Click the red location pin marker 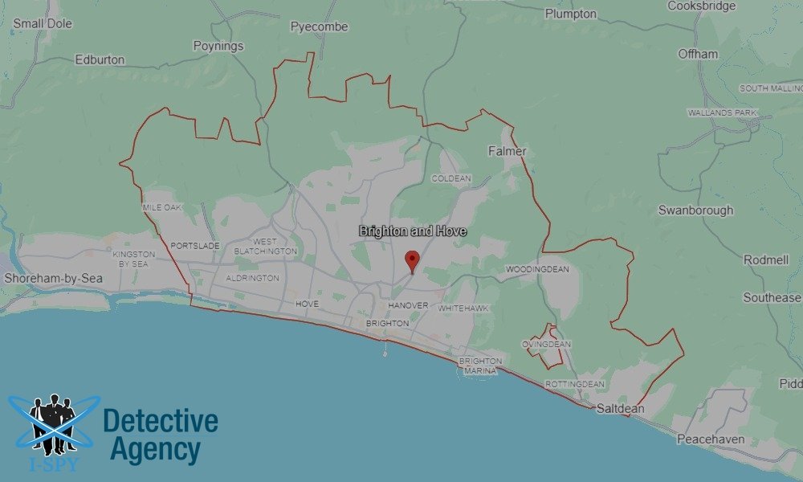tap(412, 261)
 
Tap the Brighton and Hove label tap(413, 231)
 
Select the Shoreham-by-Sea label tap(43, 278)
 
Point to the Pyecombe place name tap(319, 27)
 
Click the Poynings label tap(218, 46)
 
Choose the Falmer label tap(507, 151)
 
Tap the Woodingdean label tap(537, 269)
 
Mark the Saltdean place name tap(620, 408)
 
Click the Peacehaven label tap(711, 439)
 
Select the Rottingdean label tap(574, 384)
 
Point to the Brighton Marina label tap(480, 366)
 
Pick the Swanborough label tap(695, 210)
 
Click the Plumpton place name tap(570, 14)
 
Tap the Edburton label tap(100, 59)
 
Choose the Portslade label tap(195, 246)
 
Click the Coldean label tap(450, 178)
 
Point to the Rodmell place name tap(766, 260)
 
